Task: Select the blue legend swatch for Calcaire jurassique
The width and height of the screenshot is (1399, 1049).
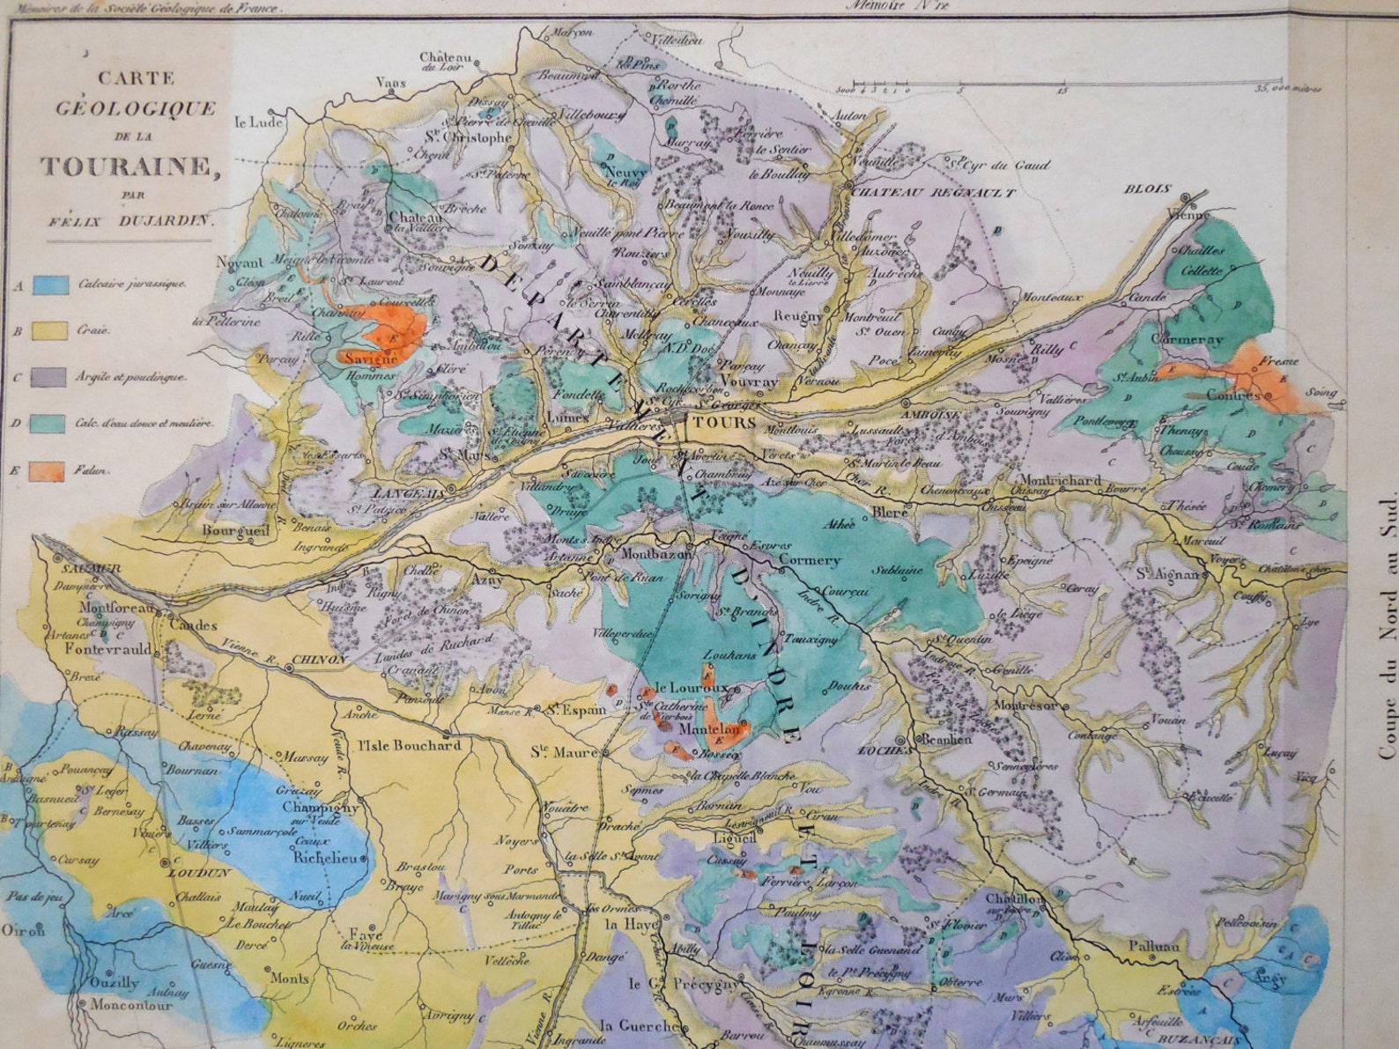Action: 51,284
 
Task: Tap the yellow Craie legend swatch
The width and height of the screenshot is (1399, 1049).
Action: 50,331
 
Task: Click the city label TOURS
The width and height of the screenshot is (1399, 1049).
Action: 714,423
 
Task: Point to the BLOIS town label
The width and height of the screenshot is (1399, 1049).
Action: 1147,188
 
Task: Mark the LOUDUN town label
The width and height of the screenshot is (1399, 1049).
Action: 202,873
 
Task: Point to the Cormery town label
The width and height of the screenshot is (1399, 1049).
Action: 810,560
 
